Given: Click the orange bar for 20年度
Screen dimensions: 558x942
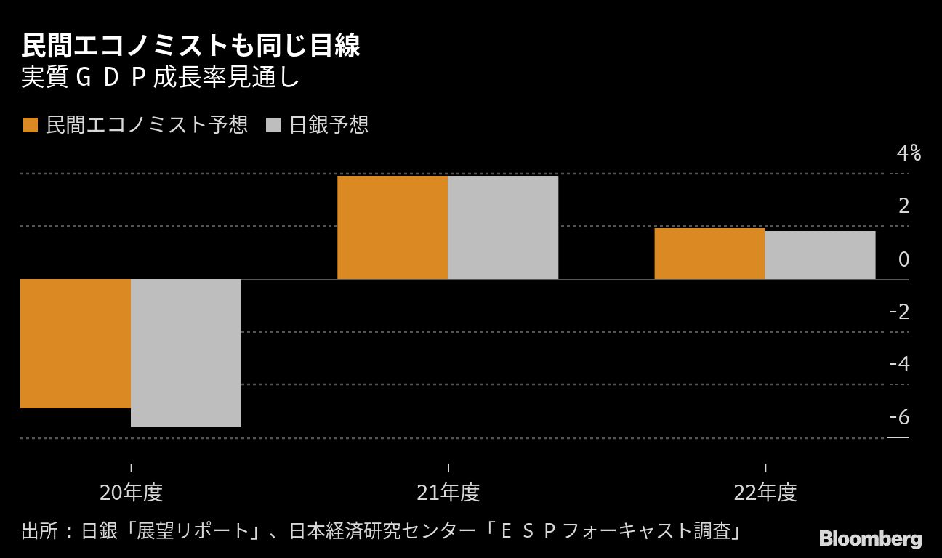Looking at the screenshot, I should (76, 344).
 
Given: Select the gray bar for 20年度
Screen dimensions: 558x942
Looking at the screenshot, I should (186, 353).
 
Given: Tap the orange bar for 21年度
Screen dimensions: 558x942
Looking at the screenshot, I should (392, 227).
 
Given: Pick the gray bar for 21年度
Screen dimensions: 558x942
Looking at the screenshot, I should (503, 227).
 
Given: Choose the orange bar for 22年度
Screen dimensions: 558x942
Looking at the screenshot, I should (709, 254).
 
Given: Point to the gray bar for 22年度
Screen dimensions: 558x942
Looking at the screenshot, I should (820, 255).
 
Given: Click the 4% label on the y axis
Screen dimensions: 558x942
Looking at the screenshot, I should (909, 153).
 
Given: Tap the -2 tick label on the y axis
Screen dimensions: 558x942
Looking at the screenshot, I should (900, 312).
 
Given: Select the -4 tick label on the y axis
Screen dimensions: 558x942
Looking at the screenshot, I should (900, 364).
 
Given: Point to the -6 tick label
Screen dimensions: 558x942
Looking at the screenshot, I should (900, 417).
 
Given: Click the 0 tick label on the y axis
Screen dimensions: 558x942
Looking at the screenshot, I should (903, 259).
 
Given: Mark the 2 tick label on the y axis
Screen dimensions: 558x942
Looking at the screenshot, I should (903, 206).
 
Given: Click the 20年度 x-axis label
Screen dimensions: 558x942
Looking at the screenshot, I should (131, 493).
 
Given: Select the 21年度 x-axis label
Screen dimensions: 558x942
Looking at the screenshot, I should (448, 493).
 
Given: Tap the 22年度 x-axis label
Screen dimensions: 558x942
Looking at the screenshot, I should (765, 493).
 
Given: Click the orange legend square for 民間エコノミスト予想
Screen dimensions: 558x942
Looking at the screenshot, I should (30, 125).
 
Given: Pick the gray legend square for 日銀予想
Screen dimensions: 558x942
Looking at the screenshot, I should (273, 125).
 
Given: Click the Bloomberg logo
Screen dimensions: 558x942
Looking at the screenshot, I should (870, 538).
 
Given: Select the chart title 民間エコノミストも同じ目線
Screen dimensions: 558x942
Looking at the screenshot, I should (190, 46).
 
